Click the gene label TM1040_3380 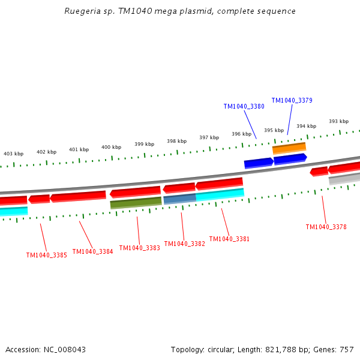[244, 106]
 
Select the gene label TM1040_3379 [292, 100]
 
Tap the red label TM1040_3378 [326, 227]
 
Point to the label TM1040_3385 [46, 255]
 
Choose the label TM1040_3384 [92, 251]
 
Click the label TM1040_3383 [139, 248]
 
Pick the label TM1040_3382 [184, 244]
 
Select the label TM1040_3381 [229, 239]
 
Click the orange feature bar [289, 148]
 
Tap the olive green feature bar [136, 203]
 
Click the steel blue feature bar [179, 199]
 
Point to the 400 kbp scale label [111, 147]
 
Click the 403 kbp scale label [14, 154]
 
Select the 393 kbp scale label [338, 121]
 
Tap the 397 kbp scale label [209, 137]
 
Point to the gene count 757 [346, 350]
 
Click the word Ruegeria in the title [82, 11]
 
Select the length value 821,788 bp [279, 350]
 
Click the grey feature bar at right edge [344, 179]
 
